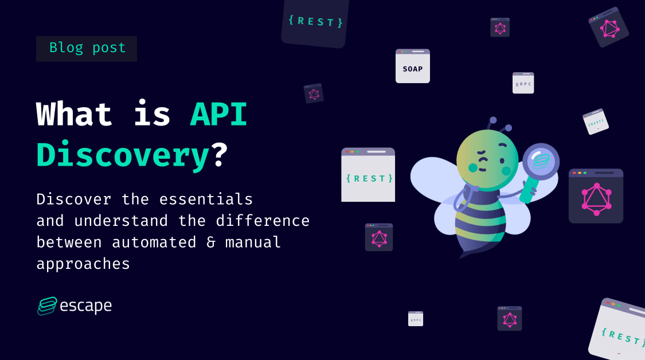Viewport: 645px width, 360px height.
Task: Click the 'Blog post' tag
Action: [87, 49]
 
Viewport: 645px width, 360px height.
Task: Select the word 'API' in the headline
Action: [218, 114]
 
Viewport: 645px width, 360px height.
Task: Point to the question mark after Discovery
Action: [221, 155]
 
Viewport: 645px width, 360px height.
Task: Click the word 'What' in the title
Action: [74, 114]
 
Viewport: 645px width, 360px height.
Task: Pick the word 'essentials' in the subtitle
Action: [206, 199]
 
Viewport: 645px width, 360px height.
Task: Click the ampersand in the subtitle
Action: [210, 242]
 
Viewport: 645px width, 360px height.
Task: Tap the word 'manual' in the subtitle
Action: [253, 242]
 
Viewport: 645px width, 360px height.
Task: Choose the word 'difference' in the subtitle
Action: [263, 221]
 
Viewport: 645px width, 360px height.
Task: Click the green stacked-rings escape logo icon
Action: [47, 306]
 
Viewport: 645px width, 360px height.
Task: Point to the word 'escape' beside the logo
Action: [85, 306]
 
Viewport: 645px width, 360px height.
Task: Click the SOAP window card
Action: [413, 66]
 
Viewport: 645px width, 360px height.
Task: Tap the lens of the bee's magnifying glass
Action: [541, 161]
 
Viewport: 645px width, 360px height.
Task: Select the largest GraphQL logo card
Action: [596, 196]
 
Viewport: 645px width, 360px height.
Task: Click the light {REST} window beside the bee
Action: [368, 174]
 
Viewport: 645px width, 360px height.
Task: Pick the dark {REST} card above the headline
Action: [315, 22]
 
